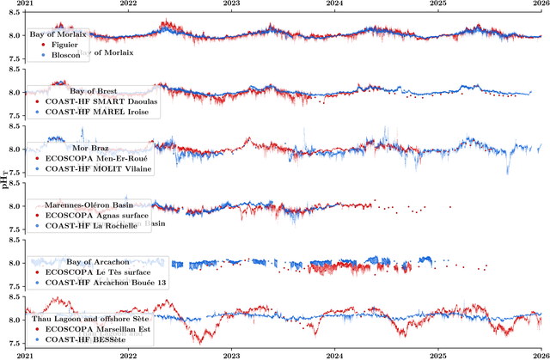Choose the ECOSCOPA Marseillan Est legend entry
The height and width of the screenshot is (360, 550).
point(96,328)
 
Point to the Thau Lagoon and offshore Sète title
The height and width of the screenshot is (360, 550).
point(80,318)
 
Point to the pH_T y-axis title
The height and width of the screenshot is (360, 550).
point(5,180)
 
